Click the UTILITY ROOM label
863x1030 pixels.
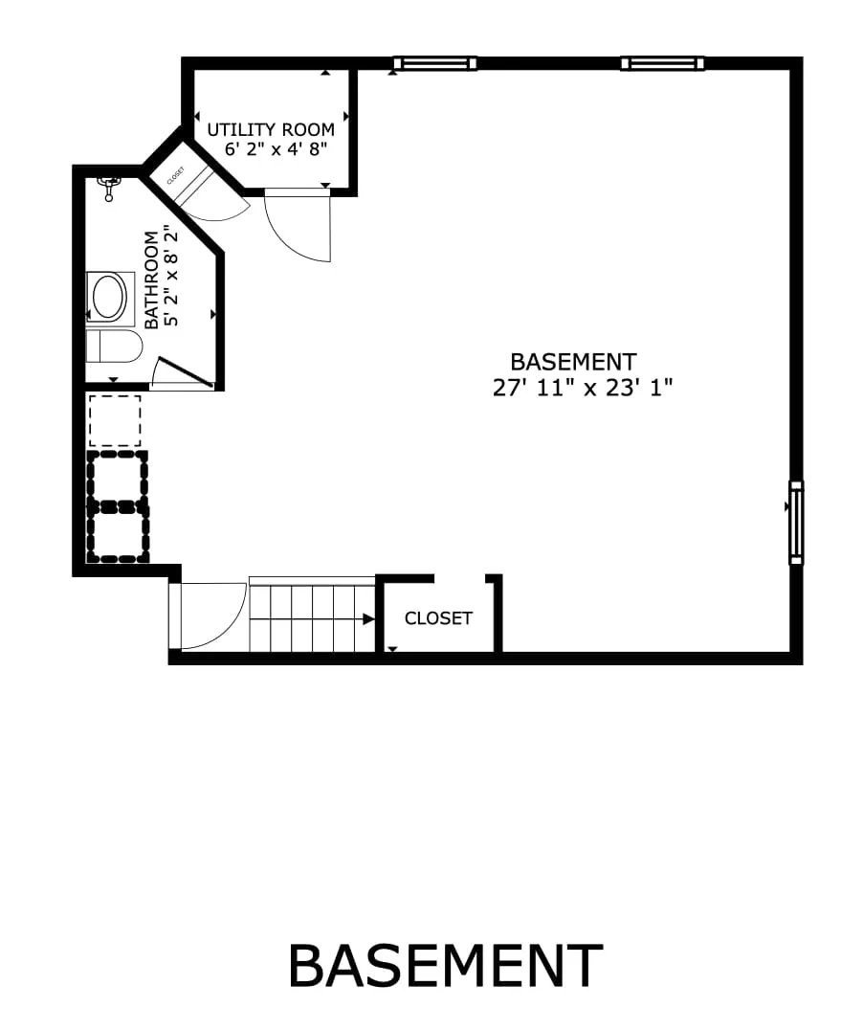[271, 129]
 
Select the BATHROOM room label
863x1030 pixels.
[151, 279]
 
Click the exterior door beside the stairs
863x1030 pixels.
[206, 617]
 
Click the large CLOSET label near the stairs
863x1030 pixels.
[438, 618]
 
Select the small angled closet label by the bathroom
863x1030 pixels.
[176, 175]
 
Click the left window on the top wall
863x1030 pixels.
[434, 64]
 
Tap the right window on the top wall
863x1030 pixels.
[662, 64]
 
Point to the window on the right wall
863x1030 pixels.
[795, 523]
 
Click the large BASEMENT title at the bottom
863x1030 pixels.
[445, 966]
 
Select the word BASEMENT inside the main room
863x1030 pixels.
[573, 362]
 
